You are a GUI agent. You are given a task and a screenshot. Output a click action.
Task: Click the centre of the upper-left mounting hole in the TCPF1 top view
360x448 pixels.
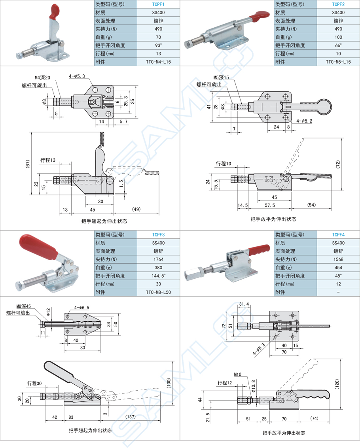pyautogui.click(x=95, y=90)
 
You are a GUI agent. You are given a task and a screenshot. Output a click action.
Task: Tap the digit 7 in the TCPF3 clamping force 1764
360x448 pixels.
pyautogui.click(x=157, y=259)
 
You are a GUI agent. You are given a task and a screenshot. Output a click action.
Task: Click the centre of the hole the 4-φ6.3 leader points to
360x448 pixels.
pyautogui.click(x=276, y=337)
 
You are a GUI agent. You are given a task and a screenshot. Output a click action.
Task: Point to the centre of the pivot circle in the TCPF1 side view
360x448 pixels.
pyautogui.click(x=110, y=180)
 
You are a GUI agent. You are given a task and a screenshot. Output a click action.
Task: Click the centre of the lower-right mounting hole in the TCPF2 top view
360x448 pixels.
pyautogui.click(x=285, y=117)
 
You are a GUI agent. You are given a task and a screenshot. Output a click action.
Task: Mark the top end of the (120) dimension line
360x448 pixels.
pyautogui.click(x=341, y=359)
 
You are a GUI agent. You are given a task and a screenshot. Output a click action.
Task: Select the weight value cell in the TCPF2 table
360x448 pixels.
pyautogui.click(x=338, y=37)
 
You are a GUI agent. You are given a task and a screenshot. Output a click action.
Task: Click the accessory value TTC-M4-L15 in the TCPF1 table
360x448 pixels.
pyautogui.click(x=158, y=62)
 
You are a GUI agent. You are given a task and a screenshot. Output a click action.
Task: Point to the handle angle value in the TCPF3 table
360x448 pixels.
pyautogui.click(x=158, y=276)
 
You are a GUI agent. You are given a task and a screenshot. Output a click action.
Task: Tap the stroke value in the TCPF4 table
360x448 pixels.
pyautogui.click(x=338, y=284)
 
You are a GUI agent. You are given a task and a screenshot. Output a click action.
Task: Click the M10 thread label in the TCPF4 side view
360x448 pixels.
pyautogui.click(x=238, y=374)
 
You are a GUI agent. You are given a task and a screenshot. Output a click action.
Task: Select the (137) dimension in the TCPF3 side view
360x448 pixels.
pyautogui.click(x=131, y=417)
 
